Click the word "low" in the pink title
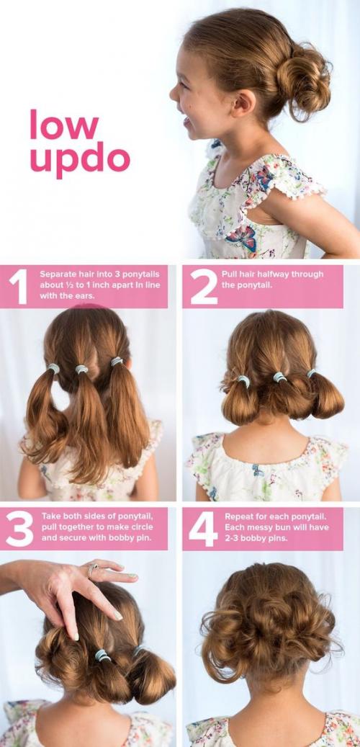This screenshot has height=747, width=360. tap(64, 125)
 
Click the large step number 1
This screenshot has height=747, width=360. tap(19, 287)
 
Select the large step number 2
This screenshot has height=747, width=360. tap(204, 287)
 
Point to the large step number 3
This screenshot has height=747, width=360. tap(20, 529)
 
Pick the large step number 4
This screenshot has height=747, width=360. tap(203, 529)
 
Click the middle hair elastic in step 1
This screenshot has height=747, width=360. tap(81, 370)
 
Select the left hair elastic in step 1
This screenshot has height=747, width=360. tap(53, 368)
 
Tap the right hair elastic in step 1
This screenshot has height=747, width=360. tap(117, 362)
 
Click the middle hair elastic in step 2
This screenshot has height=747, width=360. tap(280, 377)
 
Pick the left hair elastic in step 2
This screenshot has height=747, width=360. tap(244, 381)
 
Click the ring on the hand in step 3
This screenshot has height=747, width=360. tap(93, 569)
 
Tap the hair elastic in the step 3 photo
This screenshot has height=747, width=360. tap(102, 656)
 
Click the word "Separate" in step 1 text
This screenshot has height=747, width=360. tap(57, 274)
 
